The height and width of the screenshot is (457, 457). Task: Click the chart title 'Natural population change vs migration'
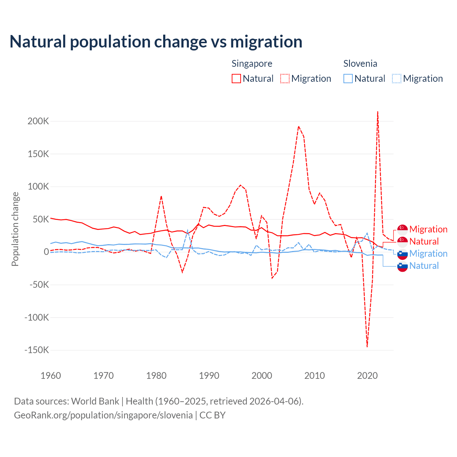156,42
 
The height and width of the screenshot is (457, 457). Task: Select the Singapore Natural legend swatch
236,79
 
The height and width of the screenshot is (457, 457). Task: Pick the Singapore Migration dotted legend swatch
285,79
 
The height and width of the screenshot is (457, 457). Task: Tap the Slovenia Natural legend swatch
348,79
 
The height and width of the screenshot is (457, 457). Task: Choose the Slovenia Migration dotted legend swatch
397,79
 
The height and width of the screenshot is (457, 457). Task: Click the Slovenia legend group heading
360,64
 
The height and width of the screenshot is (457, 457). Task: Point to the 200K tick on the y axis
38,121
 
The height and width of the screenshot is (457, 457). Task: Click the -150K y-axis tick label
36,350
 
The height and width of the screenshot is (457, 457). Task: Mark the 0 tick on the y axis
46,252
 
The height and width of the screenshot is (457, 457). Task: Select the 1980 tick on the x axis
156,376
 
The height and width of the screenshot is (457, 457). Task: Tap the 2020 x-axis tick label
367,376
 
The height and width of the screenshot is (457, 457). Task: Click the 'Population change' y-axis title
15,229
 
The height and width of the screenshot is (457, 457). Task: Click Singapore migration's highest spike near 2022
378,112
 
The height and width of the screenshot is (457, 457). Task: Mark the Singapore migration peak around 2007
298,126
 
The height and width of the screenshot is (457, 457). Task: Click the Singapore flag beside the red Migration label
402,230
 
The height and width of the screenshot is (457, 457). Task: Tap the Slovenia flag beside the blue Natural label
402,266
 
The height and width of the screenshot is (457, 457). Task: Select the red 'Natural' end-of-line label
424,242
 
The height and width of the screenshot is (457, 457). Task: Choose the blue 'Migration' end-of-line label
428,254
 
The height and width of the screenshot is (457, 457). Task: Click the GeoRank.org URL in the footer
103,415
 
